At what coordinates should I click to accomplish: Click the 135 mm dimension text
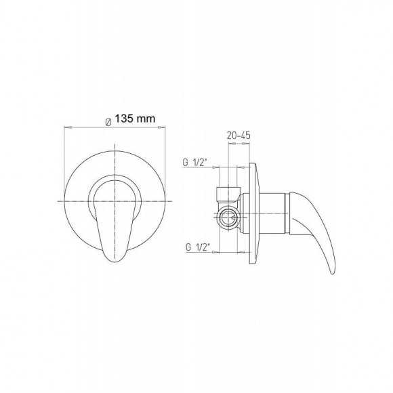135,119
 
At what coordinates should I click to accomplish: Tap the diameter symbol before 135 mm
108,123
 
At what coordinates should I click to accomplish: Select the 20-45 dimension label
239,136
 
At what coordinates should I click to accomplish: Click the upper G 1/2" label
195,163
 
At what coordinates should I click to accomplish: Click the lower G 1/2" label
197,247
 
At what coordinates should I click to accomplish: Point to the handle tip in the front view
115,261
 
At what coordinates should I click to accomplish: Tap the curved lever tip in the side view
332,272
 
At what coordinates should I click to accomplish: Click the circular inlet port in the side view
228,216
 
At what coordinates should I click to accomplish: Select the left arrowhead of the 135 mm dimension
68,127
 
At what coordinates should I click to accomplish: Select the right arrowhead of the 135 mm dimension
162,127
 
